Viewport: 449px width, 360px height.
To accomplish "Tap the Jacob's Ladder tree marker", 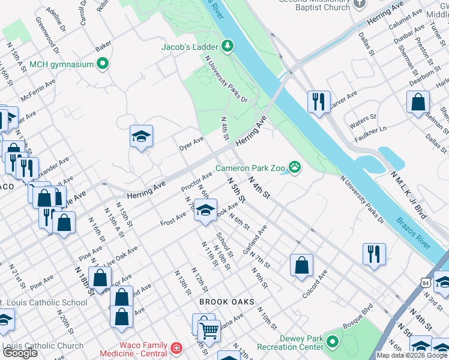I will coord(227,46).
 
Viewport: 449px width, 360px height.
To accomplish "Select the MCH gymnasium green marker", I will coord(103,64).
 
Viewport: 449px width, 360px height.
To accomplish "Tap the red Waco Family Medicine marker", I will coord(176,348).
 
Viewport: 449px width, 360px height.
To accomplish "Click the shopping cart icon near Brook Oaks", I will coord(209,329).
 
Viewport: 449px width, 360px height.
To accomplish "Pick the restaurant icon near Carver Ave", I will coord(319,102).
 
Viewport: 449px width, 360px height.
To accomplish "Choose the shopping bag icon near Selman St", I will coord(418,103).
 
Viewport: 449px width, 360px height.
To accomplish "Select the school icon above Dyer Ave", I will coord(142,137).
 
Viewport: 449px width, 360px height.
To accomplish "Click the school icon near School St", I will coord(205,211).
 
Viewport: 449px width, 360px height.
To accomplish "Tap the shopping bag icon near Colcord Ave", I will coord(301,265).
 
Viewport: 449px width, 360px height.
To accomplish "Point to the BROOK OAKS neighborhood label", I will coord(227,301).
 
